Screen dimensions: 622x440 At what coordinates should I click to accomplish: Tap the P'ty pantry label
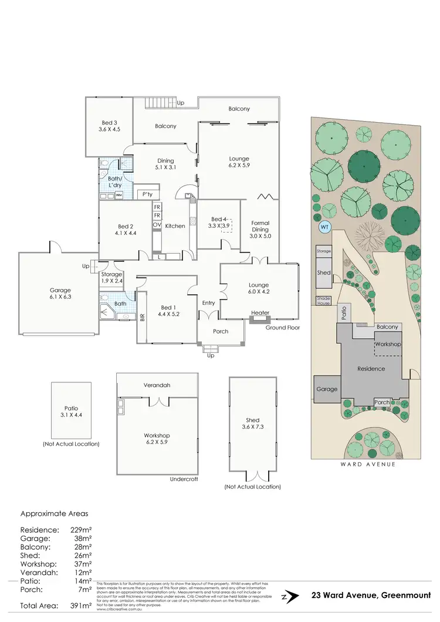tap(147, 194)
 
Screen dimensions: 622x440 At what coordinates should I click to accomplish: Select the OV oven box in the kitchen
tap(157, 225)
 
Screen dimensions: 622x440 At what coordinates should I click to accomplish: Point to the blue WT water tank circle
tap(324, 227)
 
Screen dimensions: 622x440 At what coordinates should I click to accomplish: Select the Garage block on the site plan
tap(327, 389)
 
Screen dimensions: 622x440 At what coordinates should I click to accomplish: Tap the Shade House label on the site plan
tap(324, 300)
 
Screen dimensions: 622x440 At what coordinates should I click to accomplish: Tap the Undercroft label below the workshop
tap(182, 479)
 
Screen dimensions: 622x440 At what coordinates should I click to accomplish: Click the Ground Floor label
tap(282, 327)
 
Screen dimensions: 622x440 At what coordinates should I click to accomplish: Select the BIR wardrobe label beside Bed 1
tap(142, 317)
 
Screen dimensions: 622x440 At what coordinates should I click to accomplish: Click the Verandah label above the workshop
tap(157, 385)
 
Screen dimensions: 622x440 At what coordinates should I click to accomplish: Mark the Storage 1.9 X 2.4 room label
tap(111, 277)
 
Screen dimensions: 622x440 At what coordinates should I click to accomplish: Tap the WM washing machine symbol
tap(119, 195)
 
